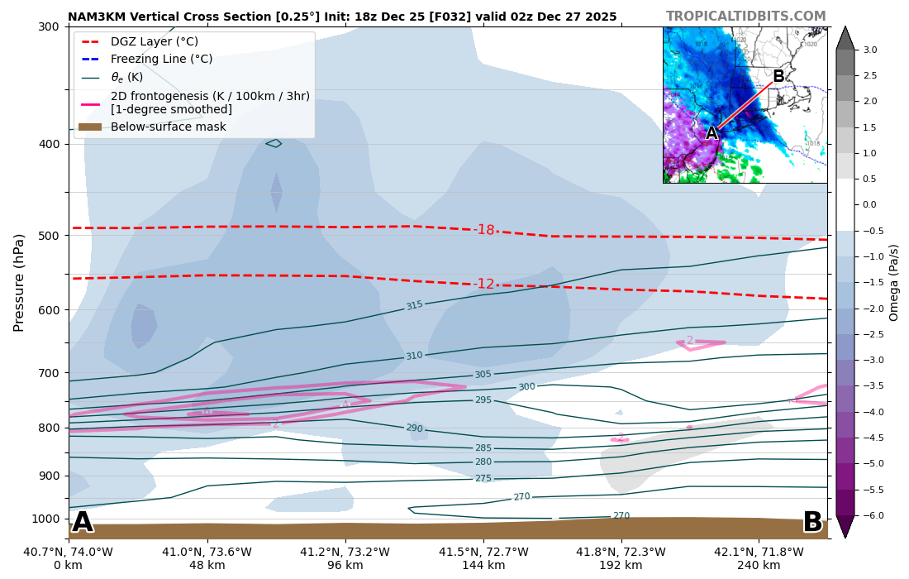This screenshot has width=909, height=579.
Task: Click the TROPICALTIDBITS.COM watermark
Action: [x=745, y=17]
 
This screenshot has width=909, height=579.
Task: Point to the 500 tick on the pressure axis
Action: [x=48, y=236]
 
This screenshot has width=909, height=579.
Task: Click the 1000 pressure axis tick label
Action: [x=45, y=519]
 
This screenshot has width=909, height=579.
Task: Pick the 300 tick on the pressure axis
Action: [x=48, y=26]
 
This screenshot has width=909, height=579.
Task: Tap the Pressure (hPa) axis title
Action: [x=19, y=282]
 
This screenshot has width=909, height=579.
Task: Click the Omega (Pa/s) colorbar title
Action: [x=894, y=282]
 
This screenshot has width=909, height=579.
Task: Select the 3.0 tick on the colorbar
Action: [x=870, y=50]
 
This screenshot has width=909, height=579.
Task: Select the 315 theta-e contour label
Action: [x=414, y=305]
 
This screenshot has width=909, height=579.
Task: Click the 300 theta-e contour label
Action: [x=526, y=387]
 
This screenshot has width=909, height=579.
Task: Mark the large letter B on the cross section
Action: [x=811, y=522]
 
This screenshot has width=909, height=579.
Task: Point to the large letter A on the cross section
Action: [x=82, y=522]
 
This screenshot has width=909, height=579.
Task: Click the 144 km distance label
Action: [x=483, y=566]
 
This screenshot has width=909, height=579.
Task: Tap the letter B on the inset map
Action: [x=778, y=77]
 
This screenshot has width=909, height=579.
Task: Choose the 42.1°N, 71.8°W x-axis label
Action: [x=759, y=553]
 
